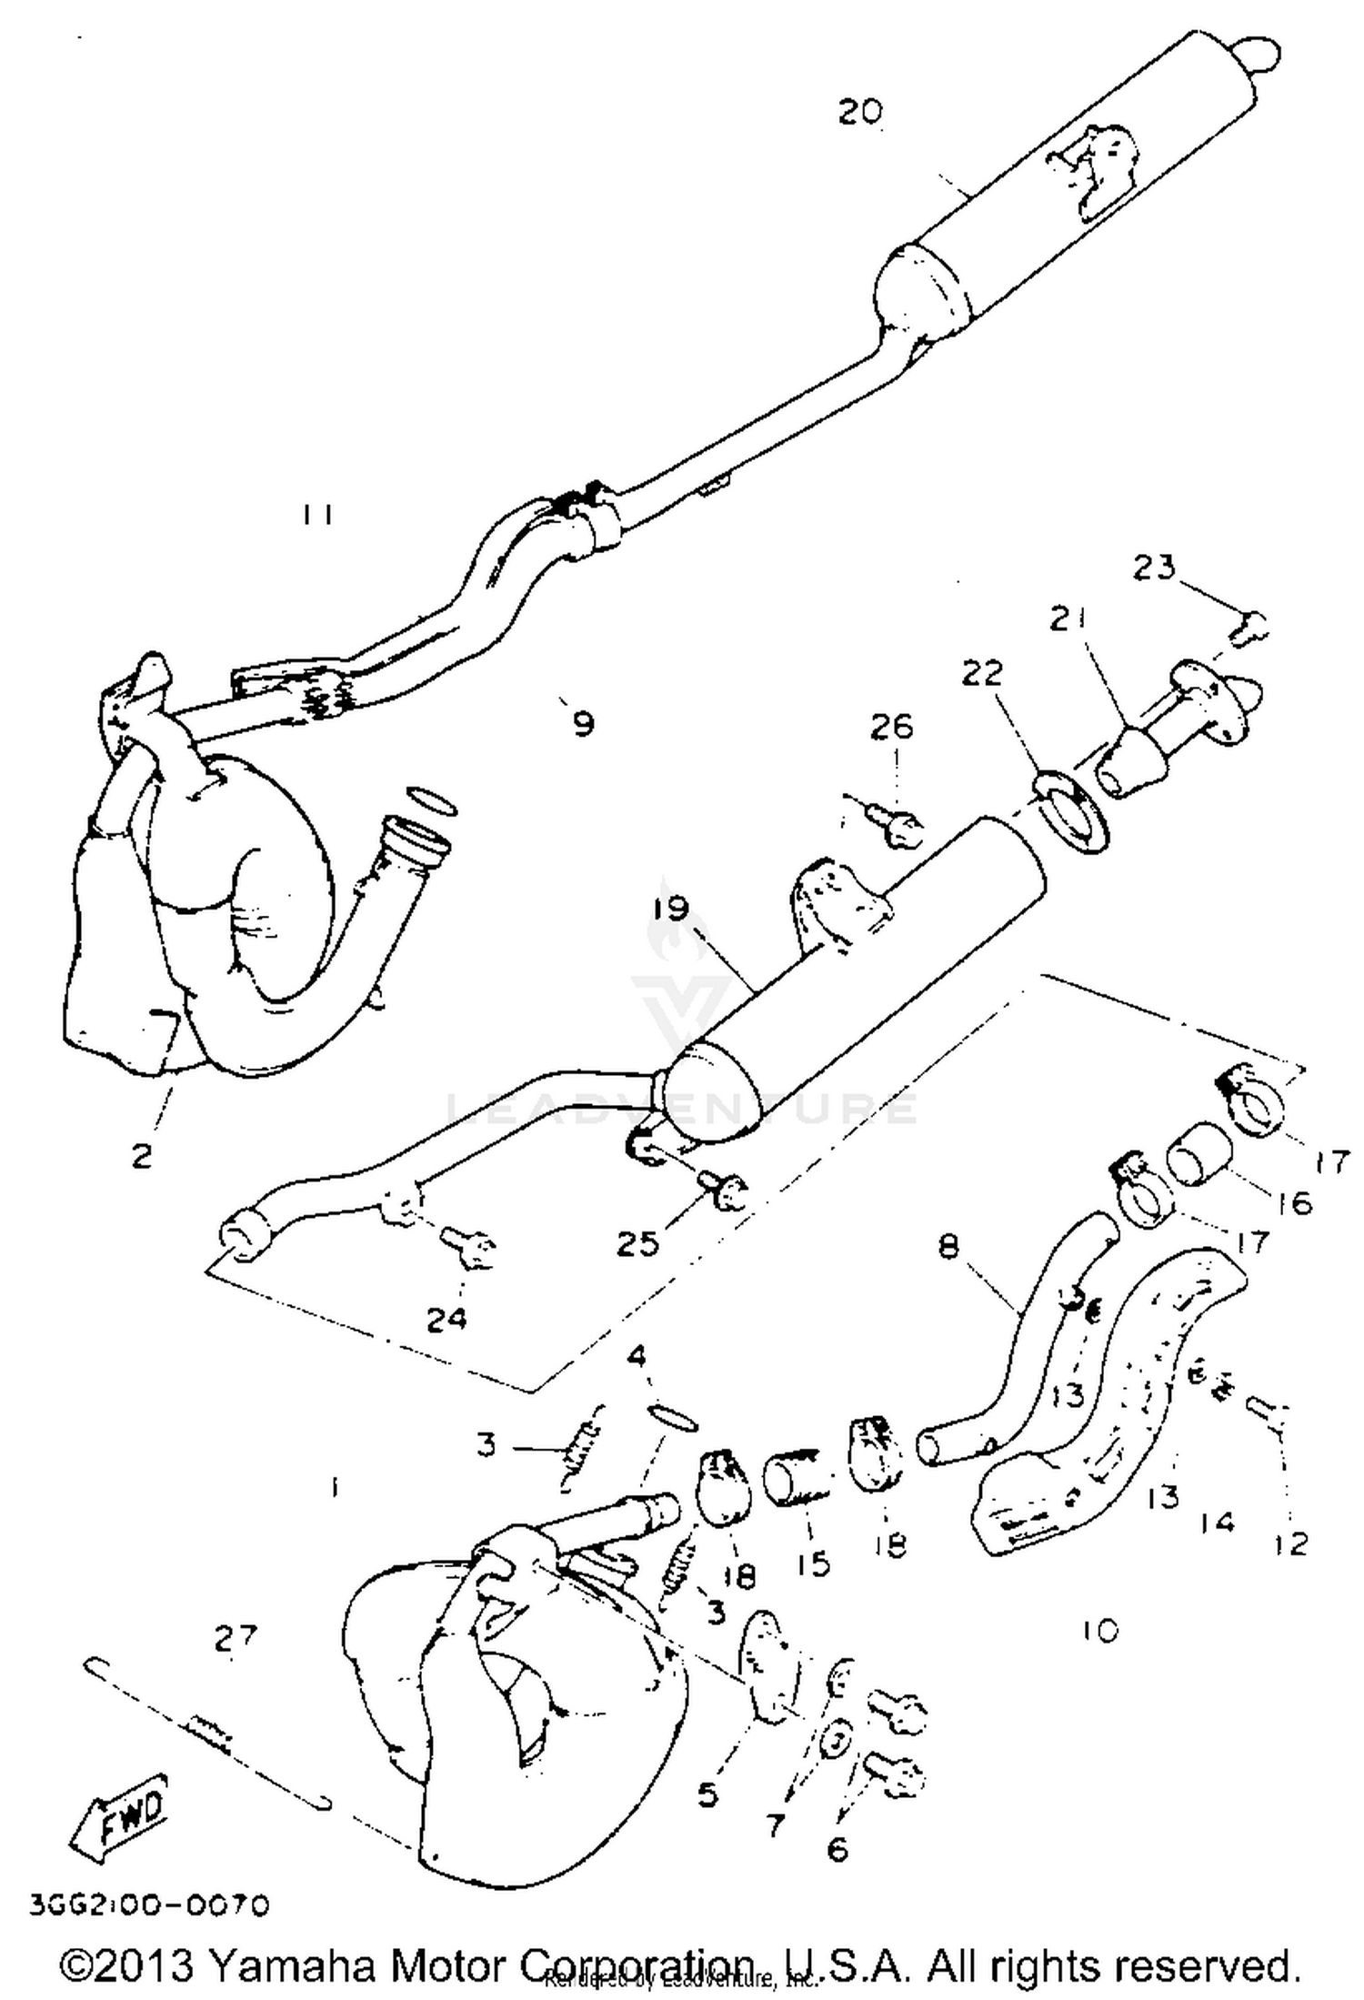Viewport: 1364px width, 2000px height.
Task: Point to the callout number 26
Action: (892, 727)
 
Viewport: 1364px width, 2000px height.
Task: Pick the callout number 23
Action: (1154, 568)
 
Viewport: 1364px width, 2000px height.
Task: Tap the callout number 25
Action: (637, 1243)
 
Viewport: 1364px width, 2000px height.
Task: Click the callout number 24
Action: (446, 1318)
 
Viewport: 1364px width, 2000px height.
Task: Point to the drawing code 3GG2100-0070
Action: (150, 1904)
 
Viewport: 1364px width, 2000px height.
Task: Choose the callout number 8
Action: (948, 1245)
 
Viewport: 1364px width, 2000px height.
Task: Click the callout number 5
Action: (707, 1794)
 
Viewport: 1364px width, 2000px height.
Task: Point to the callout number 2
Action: (142, 1156)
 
